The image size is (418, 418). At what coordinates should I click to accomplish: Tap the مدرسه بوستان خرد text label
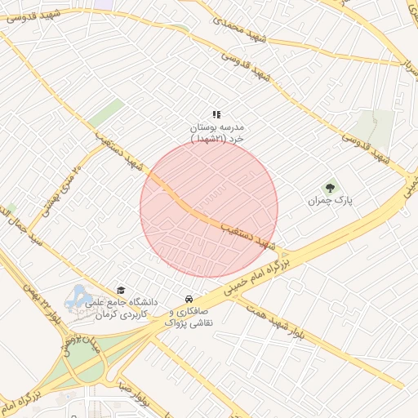217,134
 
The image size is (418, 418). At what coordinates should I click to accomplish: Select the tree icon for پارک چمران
331,187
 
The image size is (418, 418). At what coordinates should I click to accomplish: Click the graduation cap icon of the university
121,291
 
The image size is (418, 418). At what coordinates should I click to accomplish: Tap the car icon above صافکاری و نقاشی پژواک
189,299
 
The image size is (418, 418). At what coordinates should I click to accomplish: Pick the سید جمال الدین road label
25,225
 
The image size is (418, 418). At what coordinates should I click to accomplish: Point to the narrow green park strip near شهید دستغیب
107,113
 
